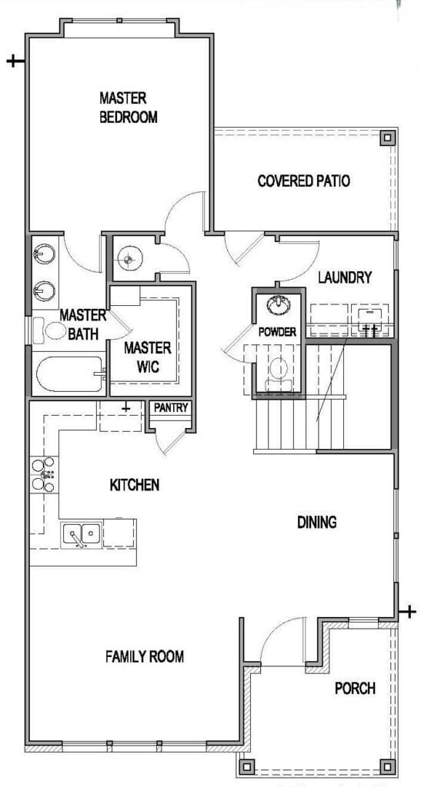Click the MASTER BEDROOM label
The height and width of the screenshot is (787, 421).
click(128, 107)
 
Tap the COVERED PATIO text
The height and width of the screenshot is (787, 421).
click(303, 181)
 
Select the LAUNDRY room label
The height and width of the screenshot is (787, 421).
click(345, 277)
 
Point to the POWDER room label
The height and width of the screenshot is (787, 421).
click(277, 332)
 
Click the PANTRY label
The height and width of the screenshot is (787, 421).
click(171, 407)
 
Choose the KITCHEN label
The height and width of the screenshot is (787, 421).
click(135, 485)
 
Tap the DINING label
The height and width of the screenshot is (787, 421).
click(316, 523)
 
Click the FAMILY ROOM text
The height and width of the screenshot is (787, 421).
click(145, 656)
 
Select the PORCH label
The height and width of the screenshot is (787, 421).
click(355, 688)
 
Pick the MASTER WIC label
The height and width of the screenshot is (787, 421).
click(148, 357)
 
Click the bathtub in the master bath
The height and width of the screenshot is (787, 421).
click(69, 374)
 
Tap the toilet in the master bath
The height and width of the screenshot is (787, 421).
click(50, 330)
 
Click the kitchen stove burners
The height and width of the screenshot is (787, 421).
click(43, 474)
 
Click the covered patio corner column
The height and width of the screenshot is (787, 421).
click(386, 138)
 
